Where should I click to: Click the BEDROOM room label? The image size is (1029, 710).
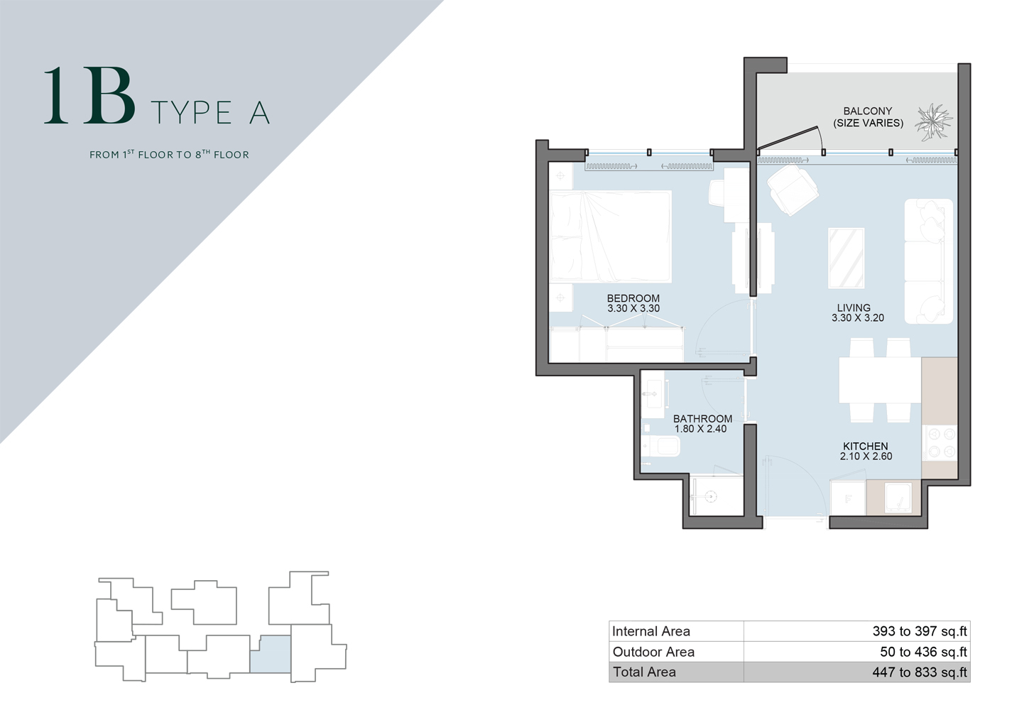633,298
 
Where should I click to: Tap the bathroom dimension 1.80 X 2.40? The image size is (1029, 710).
700,429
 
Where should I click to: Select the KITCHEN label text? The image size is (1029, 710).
865,446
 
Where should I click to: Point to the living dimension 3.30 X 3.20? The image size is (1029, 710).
858,318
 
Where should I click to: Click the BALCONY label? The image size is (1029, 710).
867,111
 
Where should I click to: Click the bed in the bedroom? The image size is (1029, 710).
611,236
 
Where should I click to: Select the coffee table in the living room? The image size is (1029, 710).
846,258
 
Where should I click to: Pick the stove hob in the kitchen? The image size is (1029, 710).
940,442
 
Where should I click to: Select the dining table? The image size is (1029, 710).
880,381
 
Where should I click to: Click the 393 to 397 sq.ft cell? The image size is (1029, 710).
920,631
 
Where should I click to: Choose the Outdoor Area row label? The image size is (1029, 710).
653,652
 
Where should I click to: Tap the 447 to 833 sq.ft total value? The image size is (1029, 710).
920,672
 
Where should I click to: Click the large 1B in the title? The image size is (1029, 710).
89,97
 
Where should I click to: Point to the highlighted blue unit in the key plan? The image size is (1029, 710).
271,654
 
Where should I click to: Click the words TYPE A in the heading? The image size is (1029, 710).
210,113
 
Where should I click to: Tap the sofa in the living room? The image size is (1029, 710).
928,261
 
